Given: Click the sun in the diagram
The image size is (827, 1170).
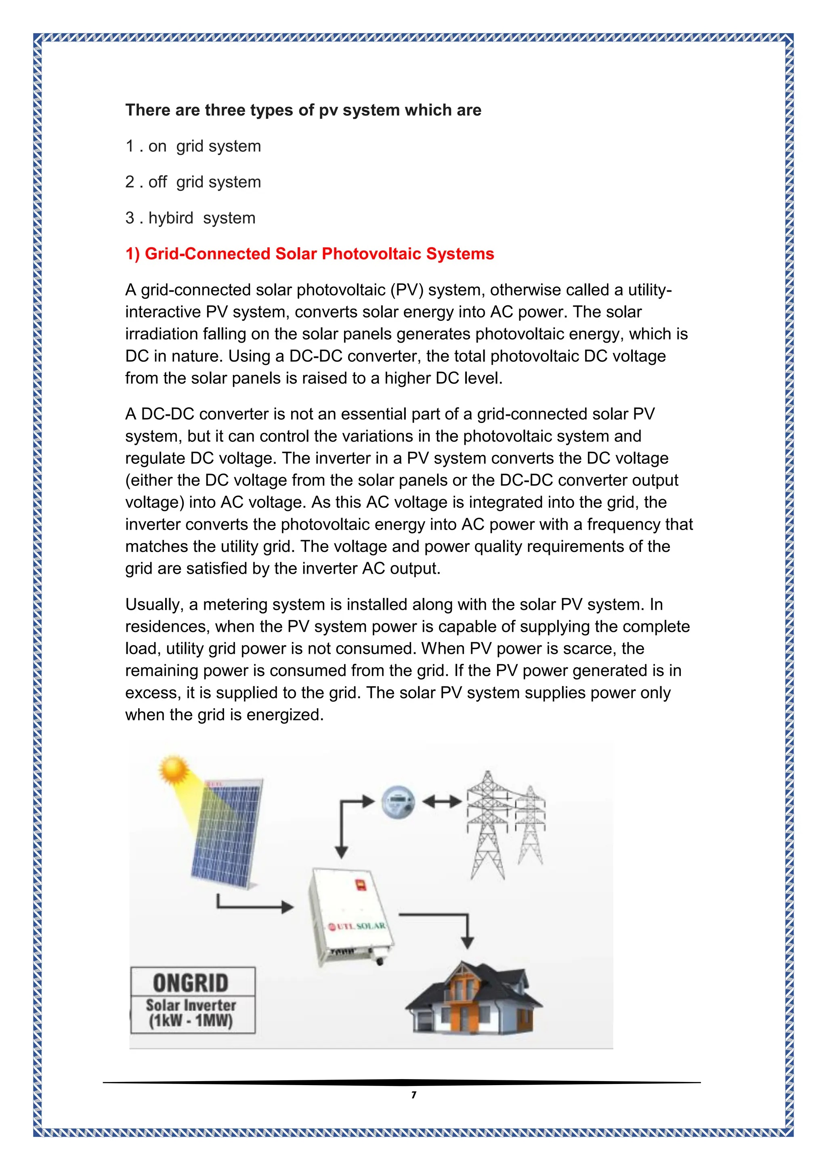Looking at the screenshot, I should coord(174,770).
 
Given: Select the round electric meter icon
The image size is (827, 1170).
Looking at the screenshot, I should coord(398,802).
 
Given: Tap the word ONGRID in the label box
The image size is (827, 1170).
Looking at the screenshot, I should coord(191,983).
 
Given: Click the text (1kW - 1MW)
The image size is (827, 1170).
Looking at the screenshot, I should coord(191,1021).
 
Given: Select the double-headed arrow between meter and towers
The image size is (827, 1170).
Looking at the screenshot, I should coord(441,802).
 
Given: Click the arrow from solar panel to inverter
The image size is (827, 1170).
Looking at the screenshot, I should coord(255,906).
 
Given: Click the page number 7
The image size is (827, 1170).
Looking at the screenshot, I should coord(413,1094).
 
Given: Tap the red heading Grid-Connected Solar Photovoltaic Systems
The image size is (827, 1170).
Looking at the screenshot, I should coord(310,254).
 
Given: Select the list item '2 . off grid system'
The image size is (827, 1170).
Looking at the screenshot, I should coord(193,182).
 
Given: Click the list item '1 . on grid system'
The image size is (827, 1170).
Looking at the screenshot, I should coord(193,146).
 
